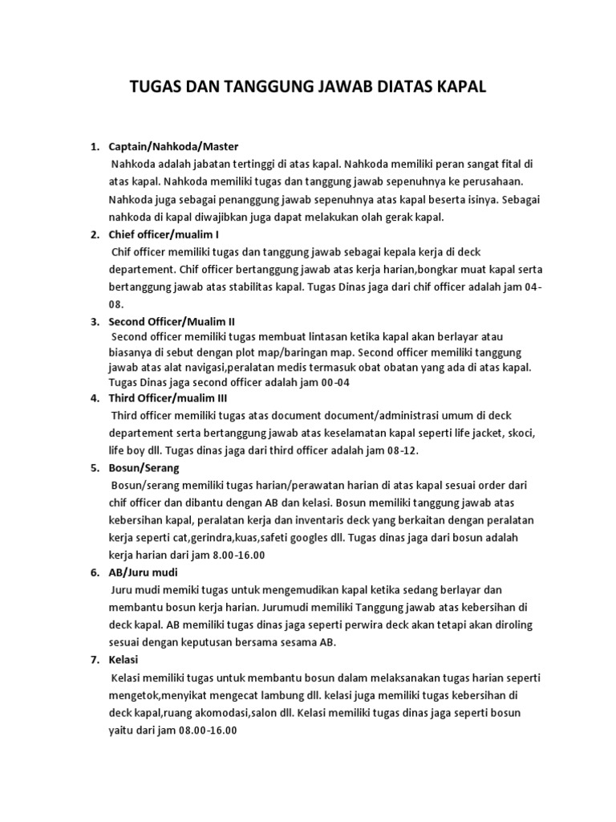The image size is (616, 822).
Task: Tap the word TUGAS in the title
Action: coord(156,87)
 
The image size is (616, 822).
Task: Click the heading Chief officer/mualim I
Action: coord(164,234)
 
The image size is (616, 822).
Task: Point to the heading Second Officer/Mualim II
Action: coord(172,321)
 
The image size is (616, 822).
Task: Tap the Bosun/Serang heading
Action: coord(144,467)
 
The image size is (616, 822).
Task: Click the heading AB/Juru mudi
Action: coord(143,572)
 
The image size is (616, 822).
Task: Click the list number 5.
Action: coord(93,467)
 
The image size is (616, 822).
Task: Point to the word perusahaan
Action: coord(490,181)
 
